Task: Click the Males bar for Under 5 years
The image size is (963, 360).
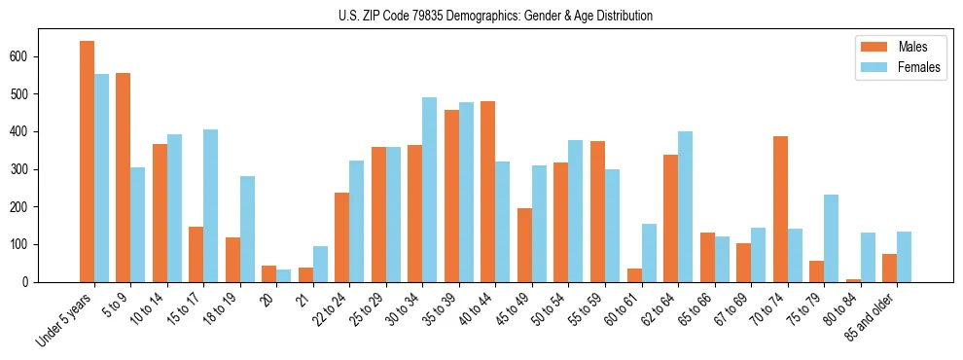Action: (87, 162)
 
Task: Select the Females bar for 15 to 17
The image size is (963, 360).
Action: (210, 205)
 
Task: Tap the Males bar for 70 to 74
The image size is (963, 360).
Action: (780, 209)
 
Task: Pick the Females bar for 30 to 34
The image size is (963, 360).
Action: (429, 190)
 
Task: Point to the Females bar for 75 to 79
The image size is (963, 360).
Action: (831, 238)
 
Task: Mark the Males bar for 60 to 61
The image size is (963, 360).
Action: (634, 275)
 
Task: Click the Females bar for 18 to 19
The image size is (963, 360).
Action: (247, 229)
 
